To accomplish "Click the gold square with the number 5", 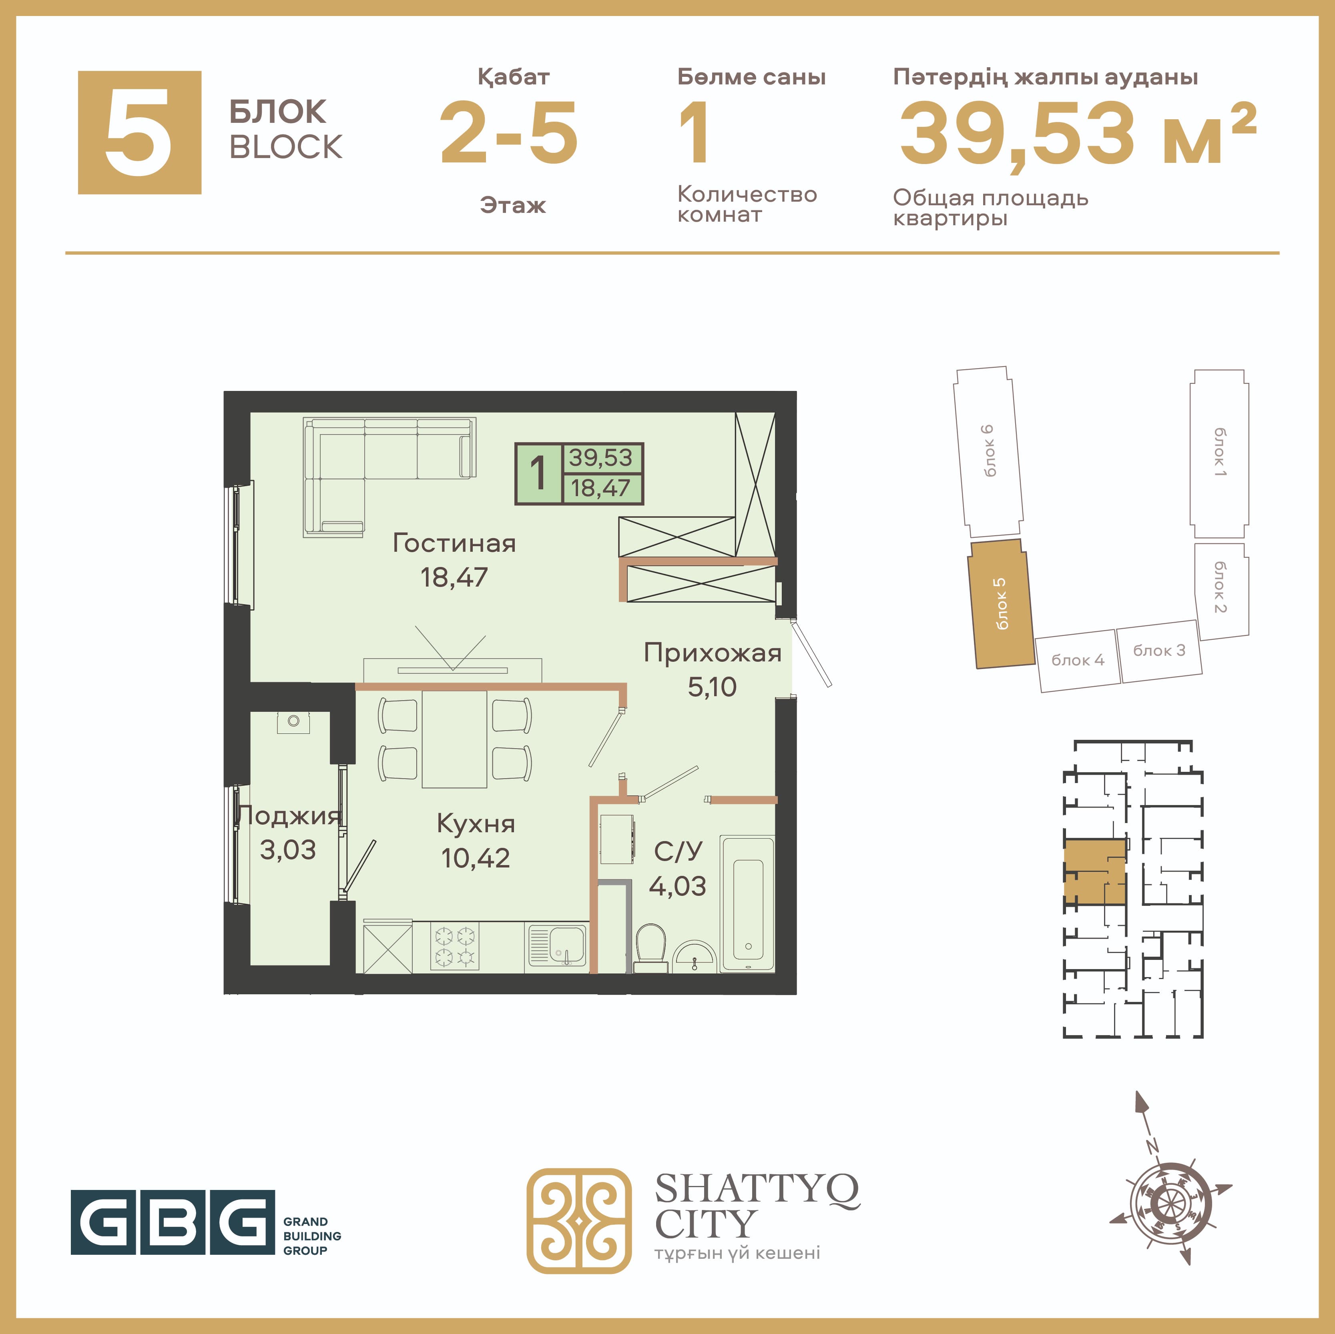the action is click(140, 133).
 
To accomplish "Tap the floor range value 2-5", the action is click(509, 133).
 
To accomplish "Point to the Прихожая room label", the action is click(713, 653).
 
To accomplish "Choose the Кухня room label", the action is click(476, 823).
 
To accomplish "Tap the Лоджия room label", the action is click(288, 816).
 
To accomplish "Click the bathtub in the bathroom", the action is click(748, 903).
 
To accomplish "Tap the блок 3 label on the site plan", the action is click(1159, 650).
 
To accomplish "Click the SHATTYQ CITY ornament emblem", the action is click(579, 1221).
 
